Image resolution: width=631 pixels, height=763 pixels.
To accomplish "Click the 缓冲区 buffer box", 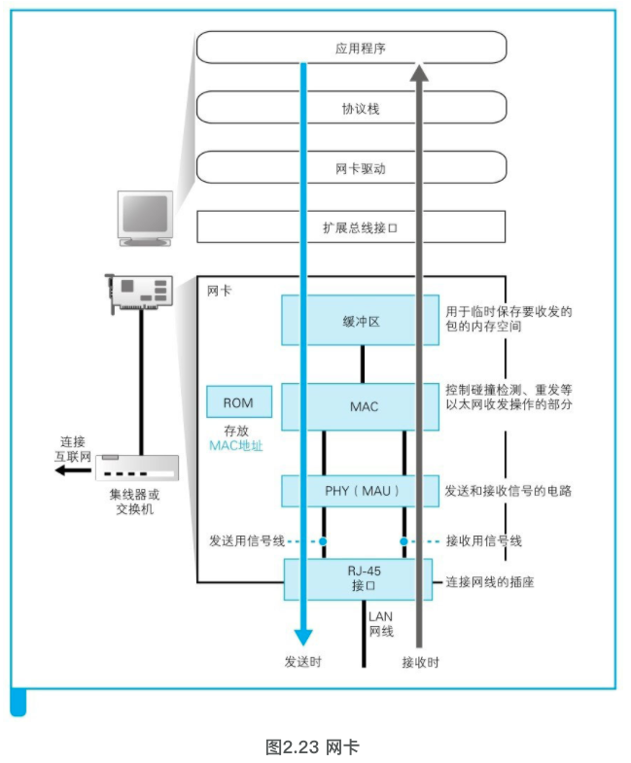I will (x=360, y=320).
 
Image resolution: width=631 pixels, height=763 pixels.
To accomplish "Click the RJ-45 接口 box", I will (x=359, y=578).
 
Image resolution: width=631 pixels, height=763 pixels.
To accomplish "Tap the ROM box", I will (x=237, y=402).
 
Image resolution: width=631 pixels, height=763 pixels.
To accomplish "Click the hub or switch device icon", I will (x=137, y=468).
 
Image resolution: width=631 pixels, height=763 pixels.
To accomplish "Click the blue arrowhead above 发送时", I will (x=303, y=636).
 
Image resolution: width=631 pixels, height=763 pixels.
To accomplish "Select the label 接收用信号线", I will (x=484, y=540).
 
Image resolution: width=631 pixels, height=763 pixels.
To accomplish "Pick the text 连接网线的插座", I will (x=490, y=582).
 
